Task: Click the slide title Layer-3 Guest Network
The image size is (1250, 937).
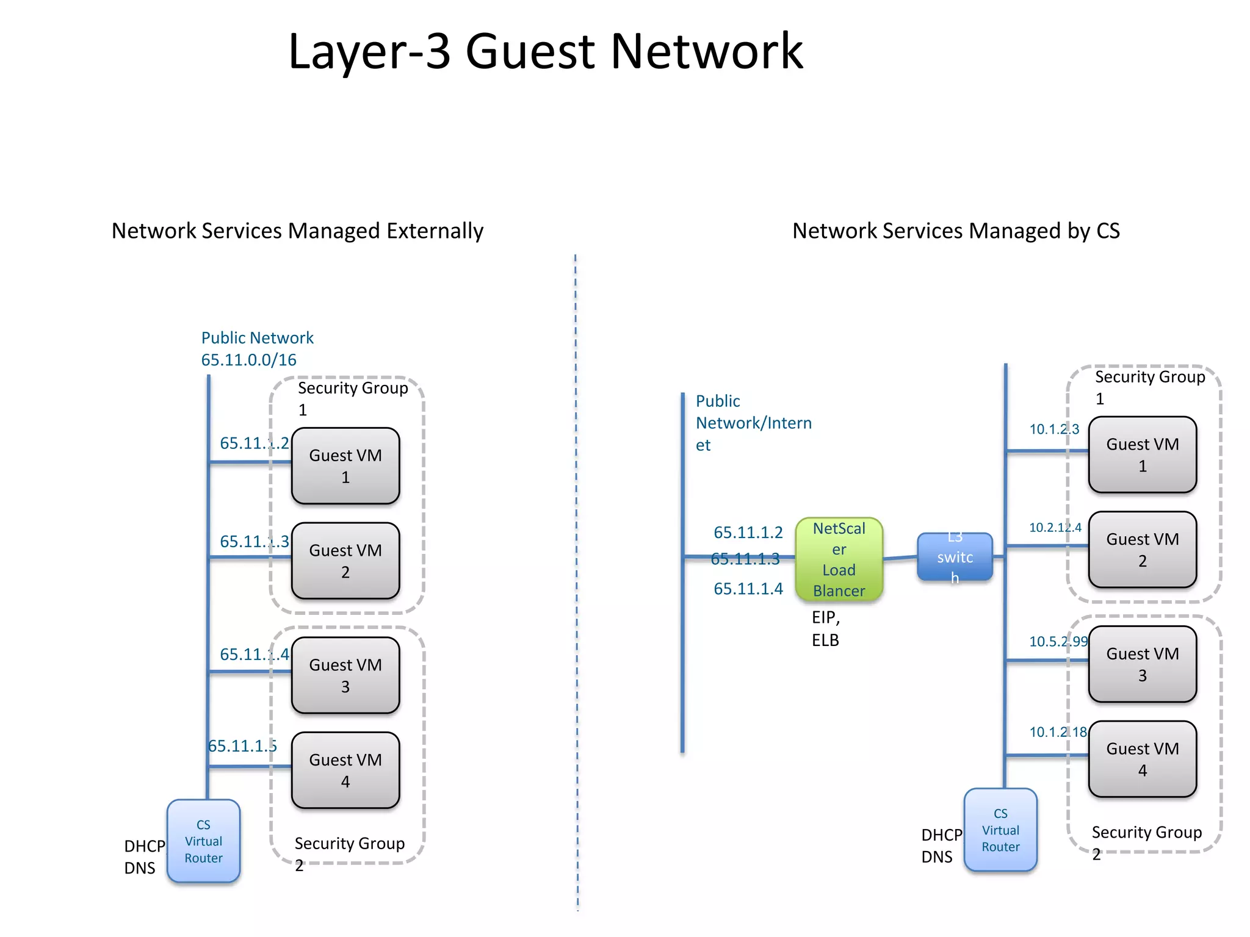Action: tap(545, 52)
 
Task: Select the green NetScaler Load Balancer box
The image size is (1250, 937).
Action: tap(839, 559)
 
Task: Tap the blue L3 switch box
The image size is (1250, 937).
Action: tap(955, 557)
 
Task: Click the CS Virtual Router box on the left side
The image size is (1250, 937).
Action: tap(203, 841)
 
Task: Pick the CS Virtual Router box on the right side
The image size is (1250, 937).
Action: tap(1000, 830)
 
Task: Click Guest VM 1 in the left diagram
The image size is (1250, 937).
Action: tap(345, 466)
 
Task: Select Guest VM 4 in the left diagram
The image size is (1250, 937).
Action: tap(345, 770)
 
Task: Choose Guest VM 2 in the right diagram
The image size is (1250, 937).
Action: tap(1142, 550)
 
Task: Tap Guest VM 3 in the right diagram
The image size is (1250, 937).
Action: tap(1142, 664)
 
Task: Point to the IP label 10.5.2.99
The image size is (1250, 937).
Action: tap(1058, 642)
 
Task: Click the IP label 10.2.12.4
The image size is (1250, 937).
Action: tap(1055, 528)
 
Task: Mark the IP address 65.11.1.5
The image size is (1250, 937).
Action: tap(242, 746)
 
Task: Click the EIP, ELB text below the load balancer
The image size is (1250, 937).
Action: tap(826, 629)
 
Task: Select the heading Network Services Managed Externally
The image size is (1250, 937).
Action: tap(297, 231)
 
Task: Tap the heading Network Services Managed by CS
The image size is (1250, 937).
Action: tap(956, 231)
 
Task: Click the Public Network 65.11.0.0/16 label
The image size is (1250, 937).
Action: tap(257, 349)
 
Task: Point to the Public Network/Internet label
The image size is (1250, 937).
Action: tap(753, 423)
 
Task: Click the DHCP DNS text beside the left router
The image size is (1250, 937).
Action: tap(144, 857)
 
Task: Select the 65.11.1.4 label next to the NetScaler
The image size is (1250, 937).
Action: tap(748, 589)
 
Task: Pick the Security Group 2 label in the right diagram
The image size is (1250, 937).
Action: tap(1146, 842)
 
